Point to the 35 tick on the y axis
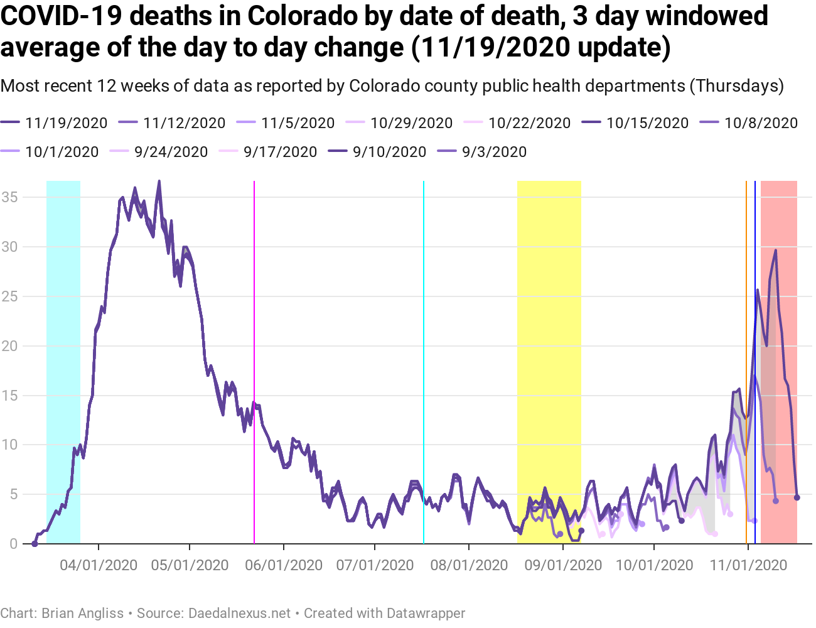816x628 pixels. click(9, 197)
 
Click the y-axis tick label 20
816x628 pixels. click(9, 346)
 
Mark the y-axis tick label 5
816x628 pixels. click(13, 494)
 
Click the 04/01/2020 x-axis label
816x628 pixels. click(99, 565)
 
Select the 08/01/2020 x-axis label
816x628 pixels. click(469, 565)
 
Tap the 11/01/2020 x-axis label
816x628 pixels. click(748, 565)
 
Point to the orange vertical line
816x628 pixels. click(746, 314)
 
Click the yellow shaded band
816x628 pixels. click(549, 314)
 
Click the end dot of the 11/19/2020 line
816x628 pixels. click(797, 497)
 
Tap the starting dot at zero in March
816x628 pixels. click(35, 544)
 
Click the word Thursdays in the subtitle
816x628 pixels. click(736, 86)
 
